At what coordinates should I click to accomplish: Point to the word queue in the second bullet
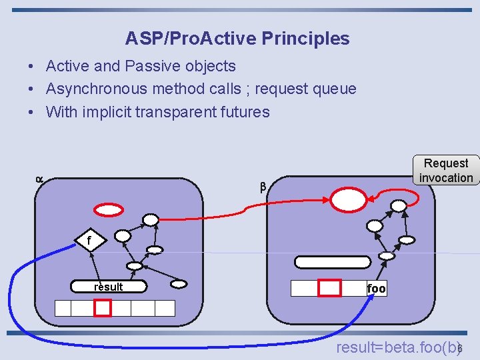click(x=334, y=89)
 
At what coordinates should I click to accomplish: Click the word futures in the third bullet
click(x=245, y=111)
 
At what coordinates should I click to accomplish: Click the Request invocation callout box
click(x=446, y=170)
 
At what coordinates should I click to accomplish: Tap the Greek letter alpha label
click(x=39, y=179)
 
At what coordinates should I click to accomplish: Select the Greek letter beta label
click(x=263, y=187)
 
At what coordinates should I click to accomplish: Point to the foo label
click(x=376, y=289)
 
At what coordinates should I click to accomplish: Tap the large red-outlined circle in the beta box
click(x=349, y=199)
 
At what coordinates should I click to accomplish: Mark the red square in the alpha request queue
click(x=102, y=307)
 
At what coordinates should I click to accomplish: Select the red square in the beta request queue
click(x=329, y=288)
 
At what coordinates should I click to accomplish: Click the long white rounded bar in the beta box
click(x=331, y=262)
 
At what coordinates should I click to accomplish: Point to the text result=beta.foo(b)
click(x=397, y=347)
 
